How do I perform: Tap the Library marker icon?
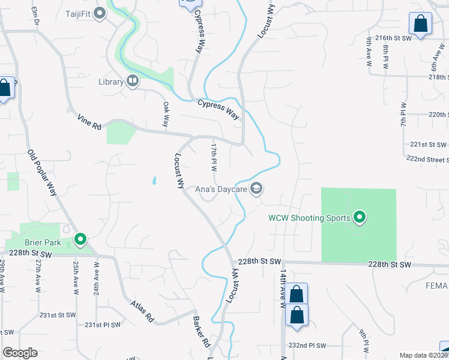[x=132, y=81]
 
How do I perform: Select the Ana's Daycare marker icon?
[x=257, y=189]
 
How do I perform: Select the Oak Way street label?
[x=166, y=114]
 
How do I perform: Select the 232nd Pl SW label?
[x=307, y=346]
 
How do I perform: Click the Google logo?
[x=20, y=353]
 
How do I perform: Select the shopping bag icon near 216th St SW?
[x=421, y=25]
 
